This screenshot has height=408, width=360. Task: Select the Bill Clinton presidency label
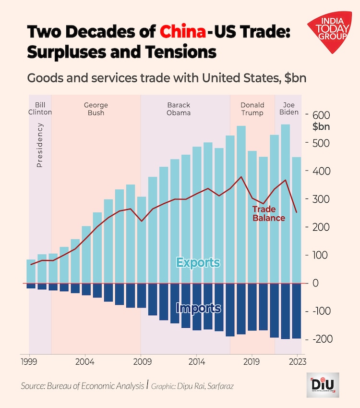(40, 109)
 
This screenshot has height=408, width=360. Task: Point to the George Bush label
(96, 109)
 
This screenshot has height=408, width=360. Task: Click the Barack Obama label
(179, 109)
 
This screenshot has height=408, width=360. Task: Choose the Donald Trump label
(252, 109)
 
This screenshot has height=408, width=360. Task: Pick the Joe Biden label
(288, 109)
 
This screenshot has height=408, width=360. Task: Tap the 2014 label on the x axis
(196, 360)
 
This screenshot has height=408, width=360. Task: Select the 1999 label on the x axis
(29, 360)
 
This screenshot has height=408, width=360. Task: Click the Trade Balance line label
(269, 213)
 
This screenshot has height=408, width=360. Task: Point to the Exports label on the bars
(198, 263)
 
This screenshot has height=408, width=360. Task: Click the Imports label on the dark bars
(198, 308)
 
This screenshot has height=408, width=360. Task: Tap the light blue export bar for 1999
(31, 272)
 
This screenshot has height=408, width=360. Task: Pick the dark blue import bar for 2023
(297, 311)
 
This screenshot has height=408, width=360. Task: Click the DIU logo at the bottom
(323, 384)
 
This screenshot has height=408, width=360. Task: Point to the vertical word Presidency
(40, 145)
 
